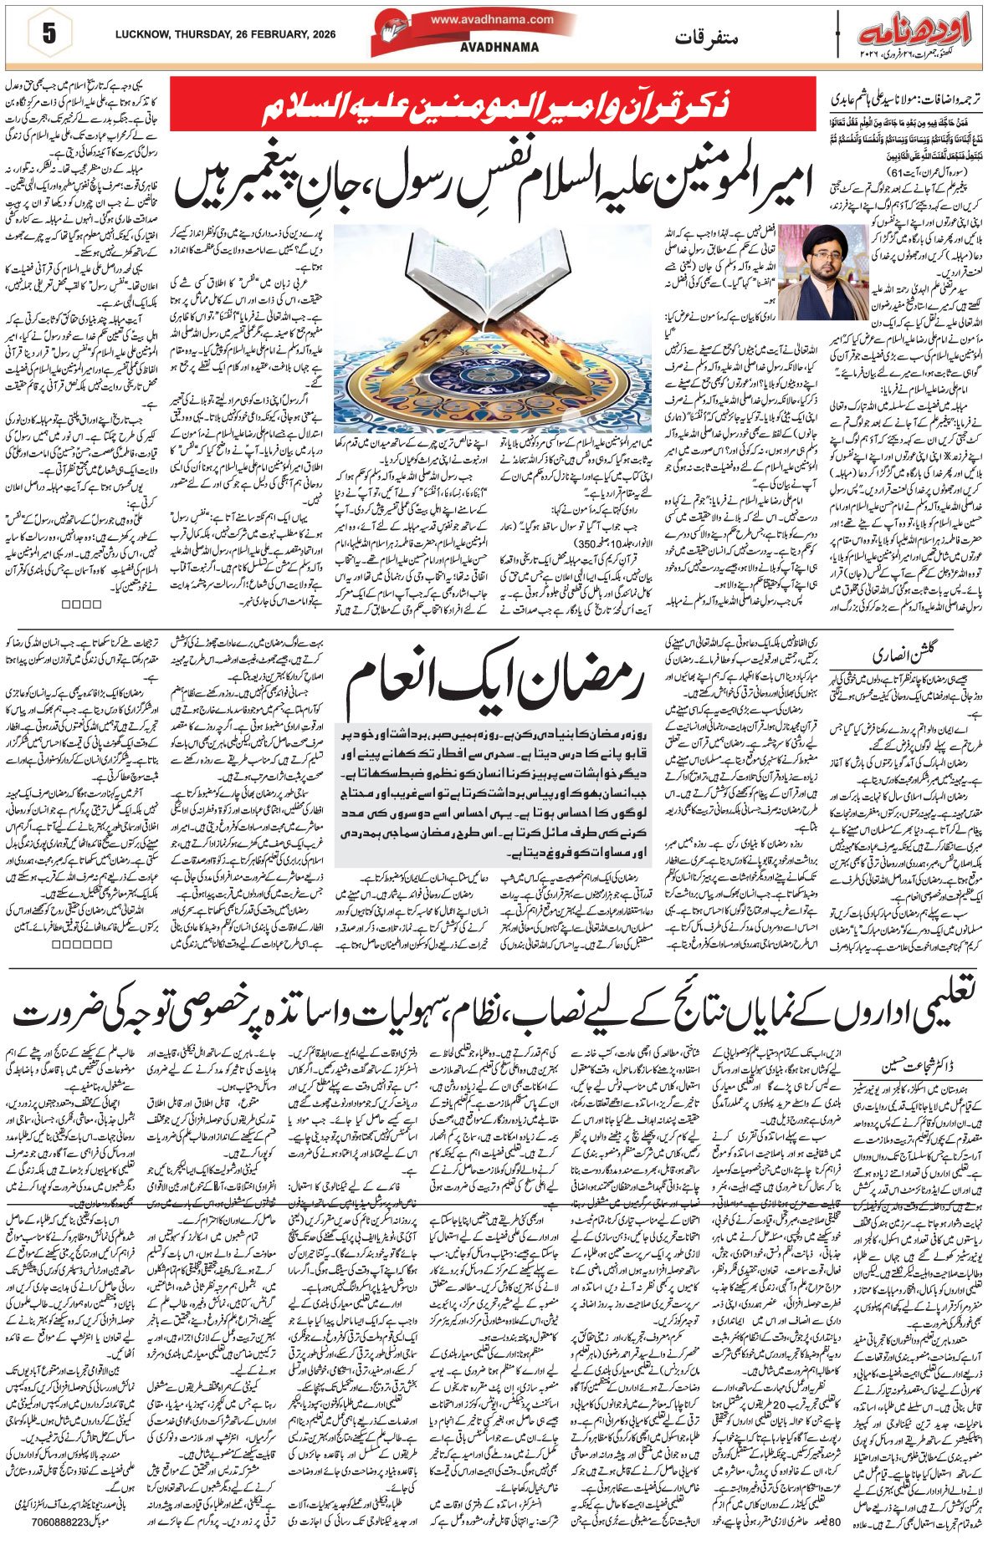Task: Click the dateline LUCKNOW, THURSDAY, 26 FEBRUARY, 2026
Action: pyautogui.click(x=225, y=34)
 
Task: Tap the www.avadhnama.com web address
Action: pyautogui.click(x=492, y=19)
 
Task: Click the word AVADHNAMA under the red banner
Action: pyautogui.click(x=499, y=48)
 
